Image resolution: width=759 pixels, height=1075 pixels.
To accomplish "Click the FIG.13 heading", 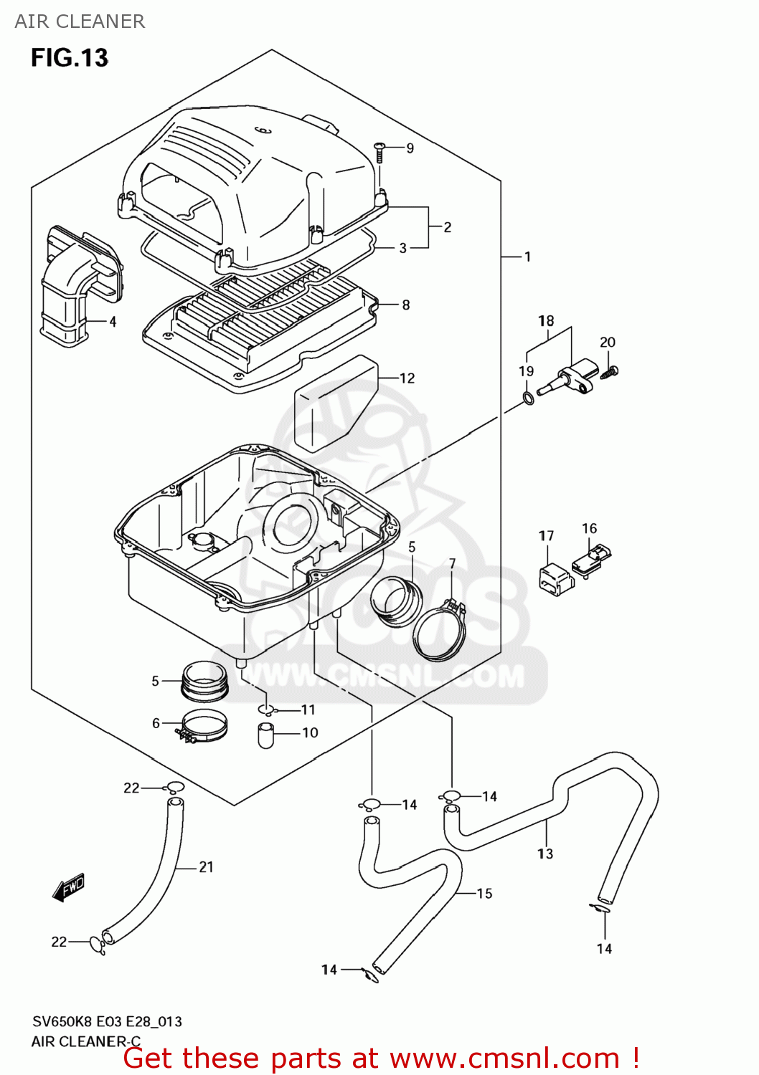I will coord(69,57).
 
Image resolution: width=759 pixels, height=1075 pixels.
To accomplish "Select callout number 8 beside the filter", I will coord(406,305).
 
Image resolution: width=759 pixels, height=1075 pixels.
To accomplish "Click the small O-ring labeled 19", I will coord(528,398).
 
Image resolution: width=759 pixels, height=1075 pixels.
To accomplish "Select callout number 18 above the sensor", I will coord(546,321).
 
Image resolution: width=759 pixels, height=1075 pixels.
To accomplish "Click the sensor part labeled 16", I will coord(591,560).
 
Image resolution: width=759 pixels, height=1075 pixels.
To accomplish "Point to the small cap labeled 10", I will coord(266,736).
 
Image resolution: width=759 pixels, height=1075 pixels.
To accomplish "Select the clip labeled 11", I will coord(267,709).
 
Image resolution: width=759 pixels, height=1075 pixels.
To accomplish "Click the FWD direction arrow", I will coord(69,887).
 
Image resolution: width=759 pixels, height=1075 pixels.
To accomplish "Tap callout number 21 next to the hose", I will coord(206,867).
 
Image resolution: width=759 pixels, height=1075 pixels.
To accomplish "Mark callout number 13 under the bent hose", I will coord(545,854).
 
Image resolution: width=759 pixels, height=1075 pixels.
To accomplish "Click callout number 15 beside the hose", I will coord(484,894).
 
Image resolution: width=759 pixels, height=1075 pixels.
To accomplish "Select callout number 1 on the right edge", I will coord(527,257).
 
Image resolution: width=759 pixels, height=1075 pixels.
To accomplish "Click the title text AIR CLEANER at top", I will coord(80,21).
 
